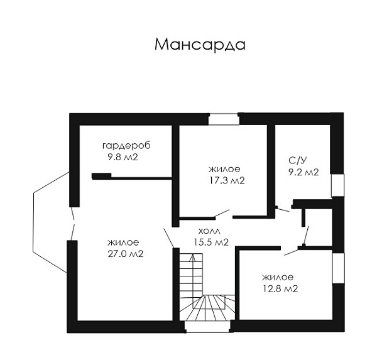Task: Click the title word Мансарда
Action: (200, 45)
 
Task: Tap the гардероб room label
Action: (126, 146)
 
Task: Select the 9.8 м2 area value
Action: (123, 157)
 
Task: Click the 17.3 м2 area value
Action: (227, 180)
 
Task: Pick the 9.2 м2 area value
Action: (303, 172)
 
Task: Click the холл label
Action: (209, 231)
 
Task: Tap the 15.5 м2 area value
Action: (211, 242)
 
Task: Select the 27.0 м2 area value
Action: (126, 254)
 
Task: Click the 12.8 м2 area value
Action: (280, 288)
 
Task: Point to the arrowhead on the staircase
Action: (192, 258)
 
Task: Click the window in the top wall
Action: (224, 119)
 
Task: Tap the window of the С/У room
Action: (337, 185)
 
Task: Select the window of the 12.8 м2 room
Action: (338, 268)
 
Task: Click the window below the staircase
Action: (208, 327)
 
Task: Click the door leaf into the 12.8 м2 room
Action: (291, 253)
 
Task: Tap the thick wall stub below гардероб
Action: (101, 176)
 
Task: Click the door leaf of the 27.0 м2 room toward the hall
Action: (168, 237)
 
